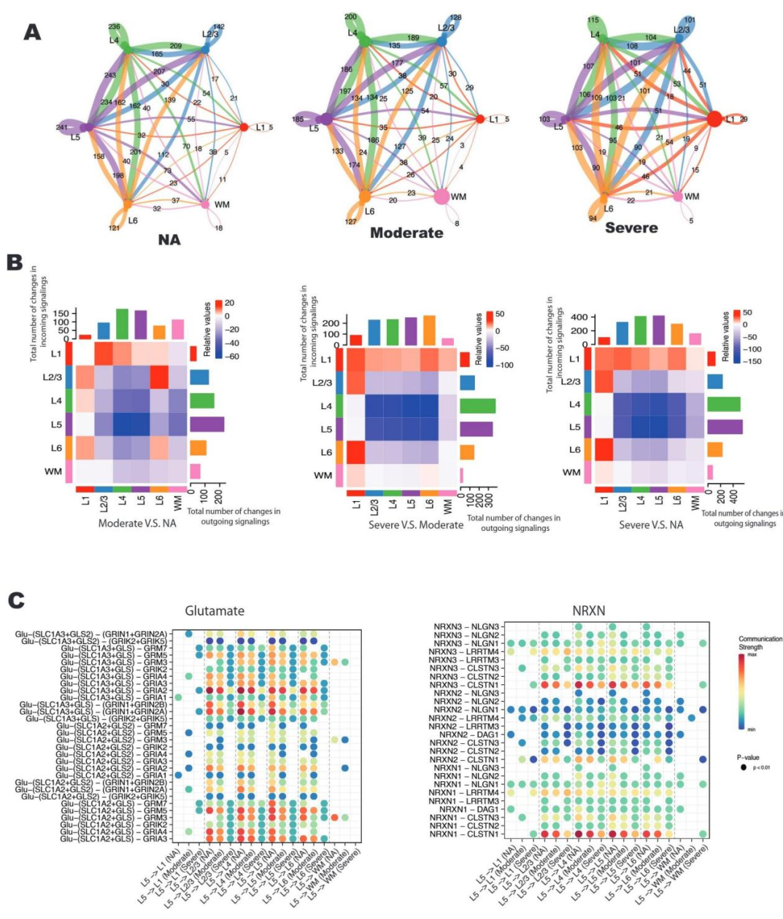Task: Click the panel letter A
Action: pyautogui.click(x=32, y=32)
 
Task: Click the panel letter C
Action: pyautogui.click(x=17, y=600)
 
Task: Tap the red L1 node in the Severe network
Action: pyautogui.click(x=713, y=119)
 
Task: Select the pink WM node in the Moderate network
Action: pyautogui.click(x=441, y=196)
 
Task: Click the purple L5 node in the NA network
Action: pyautogui.click(x=86, y=128)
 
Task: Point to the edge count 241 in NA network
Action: pyautogui.click(x=61, y=127)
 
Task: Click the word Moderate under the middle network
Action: pyautogui.click(x=406, y=233)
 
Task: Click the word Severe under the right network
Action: pyautogui.click(x=631, y=228)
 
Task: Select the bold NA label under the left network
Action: pyautogui.click(x=169, y=239)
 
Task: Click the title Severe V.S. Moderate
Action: pyautogui.click(x=415, y=524)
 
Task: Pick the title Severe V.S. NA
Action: pyautogui.click(x=652, y=524)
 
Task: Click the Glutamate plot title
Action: pyautogui.click(x=215, y=610)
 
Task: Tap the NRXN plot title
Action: pyautogui.click(x=589, y=610)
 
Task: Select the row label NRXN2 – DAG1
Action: pyautogui.click(x=469, y=735)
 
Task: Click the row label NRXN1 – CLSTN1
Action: pyautogui.click(x=464, y=834)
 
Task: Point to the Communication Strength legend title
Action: pyautogui.click(x=760, y=643)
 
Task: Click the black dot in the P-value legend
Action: pyautogui.click(x=743, y=767)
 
